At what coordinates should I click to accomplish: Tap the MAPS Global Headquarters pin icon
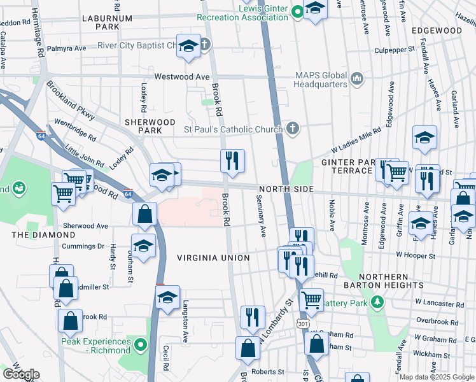point(356,79)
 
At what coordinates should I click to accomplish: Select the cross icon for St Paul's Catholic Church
point(292,129)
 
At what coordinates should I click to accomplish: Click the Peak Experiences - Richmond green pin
point(142,346)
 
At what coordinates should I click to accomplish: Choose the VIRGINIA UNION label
point(213,258)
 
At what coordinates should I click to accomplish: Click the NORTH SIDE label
point(286,190)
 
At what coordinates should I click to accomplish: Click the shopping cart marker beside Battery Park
point(311,299)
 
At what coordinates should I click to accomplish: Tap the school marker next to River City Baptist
point(188,46)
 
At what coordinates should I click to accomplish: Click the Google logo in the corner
point(21,374)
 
